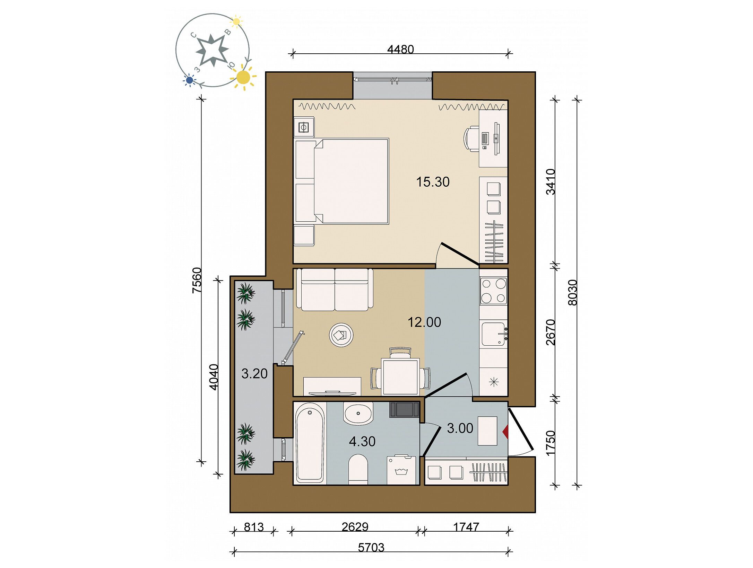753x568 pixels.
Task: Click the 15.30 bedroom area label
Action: (433, 182)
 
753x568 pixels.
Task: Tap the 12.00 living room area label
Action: (424, 322)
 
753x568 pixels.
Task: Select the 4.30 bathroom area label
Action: (362, 441)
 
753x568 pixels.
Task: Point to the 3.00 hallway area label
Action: (460, 428)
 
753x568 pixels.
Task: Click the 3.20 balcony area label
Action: (254, 374)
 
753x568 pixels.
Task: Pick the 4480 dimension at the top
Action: (400, 50)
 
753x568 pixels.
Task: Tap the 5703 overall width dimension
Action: (371, 548)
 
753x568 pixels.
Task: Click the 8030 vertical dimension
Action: (573, 292)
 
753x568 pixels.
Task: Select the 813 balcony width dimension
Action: (254, 527)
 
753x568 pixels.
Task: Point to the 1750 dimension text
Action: (550, 443)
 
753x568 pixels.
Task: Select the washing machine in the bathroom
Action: (401, 470)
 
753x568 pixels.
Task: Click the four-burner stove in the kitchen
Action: (493, 291)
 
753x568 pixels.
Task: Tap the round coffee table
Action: (341, 335)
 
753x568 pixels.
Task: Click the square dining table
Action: (400, 376)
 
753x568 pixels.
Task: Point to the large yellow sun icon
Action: (243, 78)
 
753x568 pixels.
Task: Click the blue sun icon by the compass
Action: (189, 80)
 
